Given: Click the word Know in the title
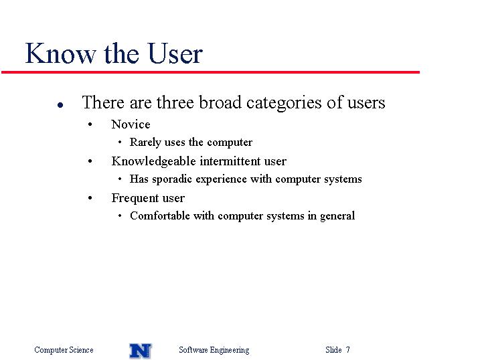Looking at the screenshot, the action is click(60, 54).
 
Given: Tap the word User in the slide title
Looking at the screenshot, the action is click(175, 54).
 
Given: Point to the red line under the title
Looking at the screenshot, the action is click(210, 72).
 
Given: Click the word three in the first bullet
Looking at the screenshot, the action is click(175, 102).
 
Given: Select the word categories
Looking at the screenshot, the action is click(284, 103).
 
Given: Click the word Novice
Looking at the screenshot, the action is click(131, 124).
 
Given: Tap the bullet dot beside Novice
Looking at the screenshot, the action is click(90, 124).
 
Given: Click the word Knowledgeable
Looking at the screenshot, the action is click(153, 161).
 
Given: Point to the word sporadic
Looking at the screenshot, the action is click(172, 179).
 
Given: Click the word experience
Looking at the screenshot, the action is click(221, 179).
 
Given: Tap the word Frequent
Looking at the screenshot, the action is click(135, 199).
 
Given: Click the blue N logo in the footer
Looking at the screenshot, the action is click(140, 351).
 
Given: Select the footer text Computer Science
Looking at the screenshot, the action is click(64, 350).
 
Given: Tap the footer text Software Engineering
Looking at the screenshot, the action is click(214, 350).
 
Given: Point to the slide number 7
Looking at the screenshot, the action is click(347, 349).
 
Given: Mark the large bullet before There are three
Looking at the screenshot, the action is click(60, 105).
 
